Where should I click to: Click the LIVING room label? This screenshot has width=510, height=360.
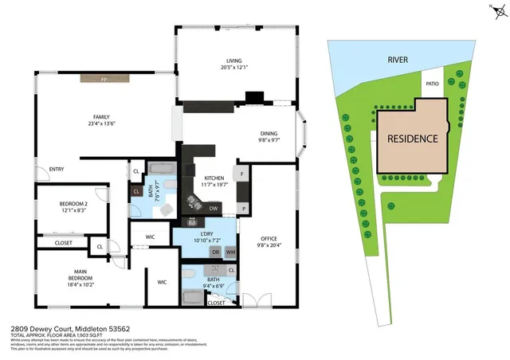tap(233, 60)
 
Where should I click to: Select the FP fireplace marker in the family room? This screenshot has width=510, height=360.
tap(104, 79)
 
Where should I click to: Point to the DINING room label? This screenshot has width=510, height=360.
tap(269, 133)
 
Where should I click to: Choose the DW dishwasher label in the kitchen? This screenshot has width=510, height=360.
tap(214, 208)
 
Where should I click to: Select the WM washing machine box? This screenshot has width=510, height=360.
tap(230, 252)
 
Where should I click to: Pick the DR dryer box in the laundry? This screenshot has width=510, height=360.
tap(215, 252)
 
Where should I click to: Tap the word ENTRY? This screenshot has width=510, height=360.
tap(57, 169)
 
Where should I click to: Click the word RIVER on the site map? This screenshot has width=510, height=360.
tap(398, 60)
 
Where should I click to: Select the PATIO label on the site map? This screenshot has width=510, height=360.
tap(433, 83)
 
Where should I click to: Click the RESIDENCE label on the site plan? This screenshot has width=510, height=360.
tap(412, 138)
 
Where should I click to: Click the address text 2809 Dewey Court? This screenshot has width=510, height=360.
tap(48, 327)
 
